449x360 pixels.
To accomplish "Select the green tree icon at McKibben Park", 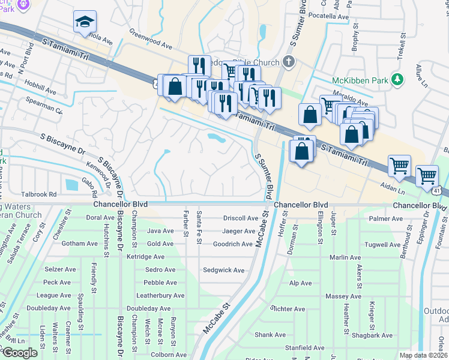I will (396, 79).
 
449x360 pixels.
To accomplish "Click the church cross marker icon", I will (289, 61).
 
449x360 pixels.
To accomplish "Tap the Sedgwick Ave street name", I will (223, 270).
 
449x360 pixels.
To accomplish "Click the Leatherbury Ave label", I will (160, 295).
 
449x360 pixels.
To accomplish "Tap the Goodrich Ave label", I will (233, 244).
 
